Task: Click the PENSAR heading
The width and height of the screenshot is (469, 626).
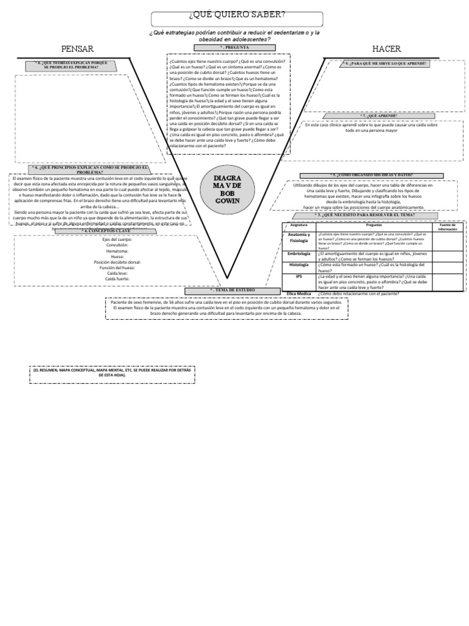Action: click(78, 49)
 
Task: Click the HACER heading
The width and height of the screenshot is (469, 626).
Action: click(386, 49)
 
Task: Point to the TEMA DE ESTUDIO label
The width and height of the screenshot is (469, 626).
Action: click(228, 290)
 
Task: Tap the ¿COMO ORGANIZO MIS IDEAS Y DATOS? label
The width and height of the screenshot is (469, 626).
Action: click(371, 175)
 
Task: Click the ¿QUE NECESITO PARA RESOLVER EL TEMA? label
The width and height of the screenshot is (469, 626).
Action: click(365, 215)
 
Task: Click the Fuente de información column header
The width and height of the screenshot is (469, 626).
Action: click(447, 227)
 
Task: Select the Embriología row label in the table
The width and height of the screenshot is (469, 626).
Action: click(299, 253)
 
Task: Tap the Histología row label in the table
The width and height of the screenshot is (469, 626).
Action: click(299, 265)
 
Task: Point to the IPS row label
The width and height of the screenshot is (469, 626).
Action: click(299, 276)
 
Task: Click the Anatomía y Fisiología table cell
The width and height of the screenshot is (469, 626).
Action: click(299, 238)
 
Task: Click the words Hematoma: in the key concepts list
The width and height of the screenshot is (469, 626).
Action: click(117, 251)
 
